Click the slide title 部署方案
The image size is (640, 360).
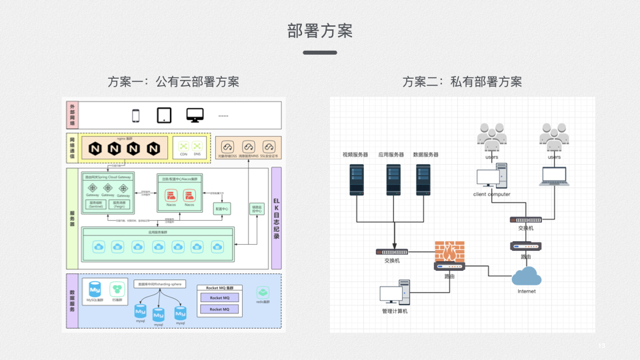pos(320,31)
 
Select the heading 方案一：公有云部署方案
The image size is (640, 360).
pos(173,81)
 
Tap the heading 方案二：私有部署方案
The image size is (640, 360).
pos(462,81)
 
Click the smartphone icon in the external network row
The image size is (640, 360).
pos(136,115)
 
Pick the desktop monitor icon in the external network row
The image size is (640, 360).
pos(195,115)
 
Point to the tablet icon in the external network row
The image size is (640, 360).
pos(165,115)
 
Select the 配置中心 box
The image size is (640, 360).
pos(221,209)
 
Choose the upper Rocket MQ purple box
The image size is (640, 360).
pos(219,298)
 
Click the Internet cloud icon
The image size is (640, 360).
pos(527,275)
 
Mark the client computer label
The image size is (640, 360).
pos(491,194)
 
